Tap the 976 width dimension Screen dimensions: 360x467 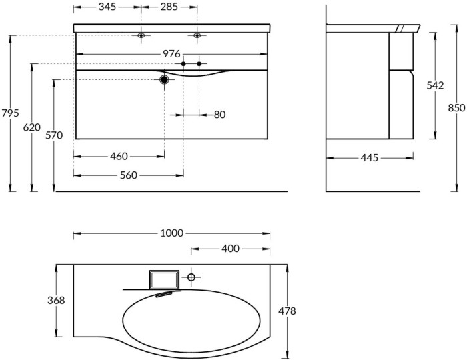point(171,54)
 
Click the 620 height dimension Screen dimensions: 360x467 point(32,127)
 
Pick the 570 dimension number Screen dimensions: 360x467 point(53,135)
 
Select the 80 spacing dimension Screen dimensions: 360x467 point(219,115)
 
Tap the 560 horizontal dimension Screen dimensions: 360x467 point(128,175)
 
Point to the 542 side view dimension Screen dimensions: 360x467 point(435,85)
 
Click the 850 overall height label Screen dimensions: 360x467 point(456,108)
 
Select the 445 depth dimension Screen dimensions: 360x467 point(369,158)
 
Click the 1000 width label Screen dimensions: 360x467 point(171,233)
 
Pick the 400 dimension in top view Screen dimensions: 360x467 point(231,249)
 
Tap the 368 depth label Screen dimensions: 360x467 point(57,301)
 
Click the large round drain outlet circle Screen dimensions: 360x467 point(164,79)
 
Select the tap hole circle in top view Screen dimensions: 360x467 point(191,276)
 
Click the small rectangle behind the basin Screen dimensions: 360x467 point(164,279)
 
